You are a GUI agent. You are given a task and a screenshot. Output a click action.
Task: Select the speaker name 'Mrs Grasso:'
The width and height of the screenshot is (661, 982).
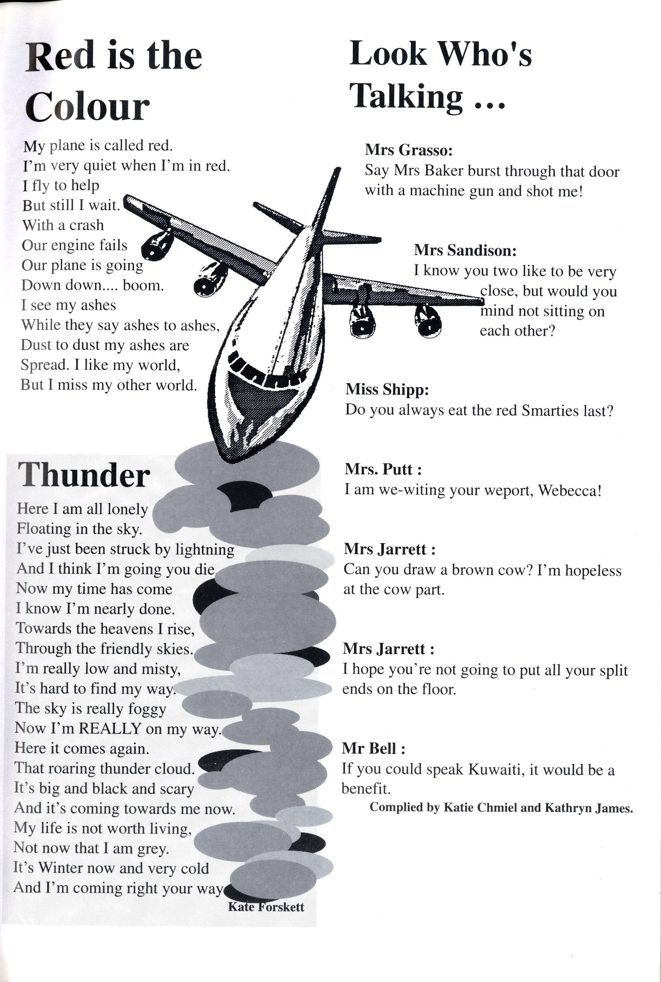pyautogui.click(x=408, y=150)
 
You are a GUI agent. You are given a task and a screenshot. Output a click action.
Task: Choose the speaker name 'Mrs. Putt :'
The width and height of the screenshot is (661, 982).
pyautogui.click(x=383, y=469)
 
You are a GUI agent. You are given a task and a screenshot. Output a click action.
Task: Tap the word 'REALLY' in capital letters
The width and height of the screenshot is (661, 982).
pyautogui.click(x=110, y=729)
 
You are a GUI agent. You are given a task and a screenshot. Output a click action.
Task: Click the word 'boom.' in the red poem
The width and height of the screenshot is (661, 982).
pyautogui.click(x=143, y=286)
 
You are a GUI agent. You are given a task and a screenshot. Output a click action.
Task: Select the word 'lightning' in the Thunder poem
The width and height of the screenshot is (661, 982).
pyautogui.click(x=204, y=549)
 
